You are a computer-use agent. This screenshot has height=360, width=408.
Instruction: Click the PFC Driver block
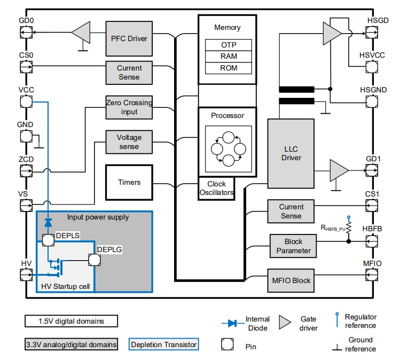point(129,38)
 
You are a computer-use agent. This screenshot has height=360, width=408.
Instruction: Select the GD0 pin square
point(25,33)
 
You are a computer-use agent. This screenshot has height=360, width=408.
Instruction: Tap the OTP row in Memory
point(228,45)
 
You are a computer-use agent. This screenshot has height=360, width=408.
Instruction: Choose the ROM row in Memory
point(228,68)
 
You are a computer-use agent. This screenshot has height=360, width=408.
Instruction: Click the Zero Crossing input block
point(129,107)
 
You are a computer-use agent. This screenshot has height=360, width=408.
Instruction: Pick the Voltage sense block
point(129,142)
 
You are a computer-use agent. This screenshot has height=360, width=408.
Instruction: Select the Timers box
point(129,182)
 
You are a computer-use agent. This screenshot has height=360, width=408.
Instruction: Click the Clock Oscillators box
point(216,189)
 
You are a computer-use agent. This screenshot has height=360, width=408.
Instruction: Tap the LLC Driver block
point(291,153)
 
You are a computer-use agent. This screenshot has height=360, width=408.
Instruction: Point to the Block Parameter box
point(290,246)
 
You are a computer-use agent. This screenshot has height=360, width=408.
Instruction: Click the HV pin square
point(25,275)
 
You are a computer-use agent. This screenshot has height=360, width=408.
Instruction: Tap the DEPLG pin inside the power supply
point(95,260)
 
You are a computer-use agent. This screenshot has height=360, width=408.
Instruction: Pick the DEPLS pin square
point(48,240)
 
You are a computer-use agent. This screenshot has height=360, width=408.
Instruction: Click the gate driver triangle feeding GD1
point(338,171)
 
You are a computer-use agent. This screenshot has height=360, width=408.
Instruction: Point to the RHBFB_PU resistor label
point(332,228)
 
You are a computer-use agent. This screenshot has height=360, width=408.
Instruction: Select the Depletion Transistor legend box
point(163,345)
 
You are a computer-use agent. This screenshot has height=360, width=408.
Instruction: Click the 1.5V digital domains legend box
point(71,321)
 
